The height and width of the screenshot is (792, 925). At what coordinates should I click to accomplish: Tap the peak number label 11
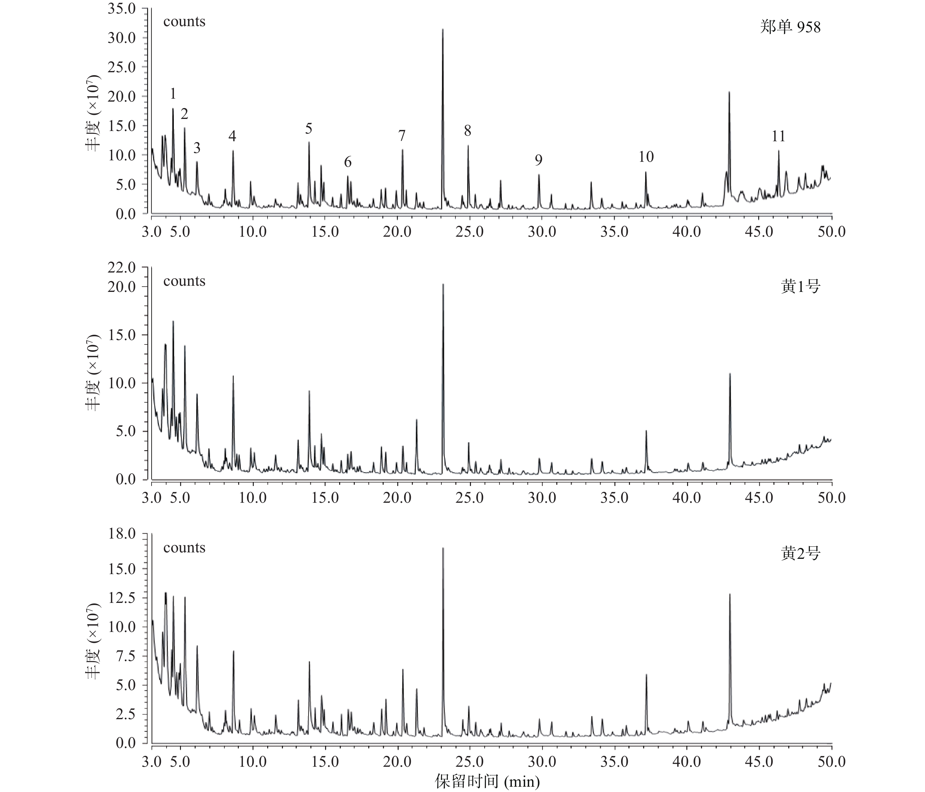click(778, 136)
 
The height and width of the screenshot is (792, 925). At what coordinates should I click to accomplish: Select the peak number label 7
click(402, 135)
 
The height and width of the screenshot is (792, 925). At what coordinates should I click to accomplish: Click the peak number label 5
click(309, 129)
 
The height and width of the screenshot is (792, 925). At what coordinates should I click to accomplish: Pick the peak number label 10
click(646, 157)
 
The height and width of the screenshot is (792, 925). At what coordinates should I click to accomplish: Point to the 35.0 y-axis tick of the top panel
click(122, 9)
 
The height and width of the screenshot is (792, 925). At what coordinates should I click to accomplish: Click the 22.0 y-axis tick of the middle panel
click(122, 268)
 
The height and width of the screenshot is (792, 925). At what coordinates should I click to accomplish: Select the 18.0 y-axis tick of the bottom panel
click(122, 534)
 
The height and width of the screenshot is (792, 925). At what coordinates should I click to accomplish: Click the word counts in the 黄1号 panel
click(184, 281)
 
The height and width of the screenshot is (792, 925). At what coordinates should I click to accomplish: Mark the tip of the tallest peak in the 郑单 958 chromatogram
click(443, 29)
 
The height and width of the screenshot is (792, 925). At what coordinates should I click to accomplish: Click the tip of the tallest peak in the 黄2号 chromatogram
click(443, 548)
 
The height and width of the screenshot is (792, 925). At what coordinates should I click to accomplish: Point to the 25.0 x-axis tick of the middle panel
click(470, 498)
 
